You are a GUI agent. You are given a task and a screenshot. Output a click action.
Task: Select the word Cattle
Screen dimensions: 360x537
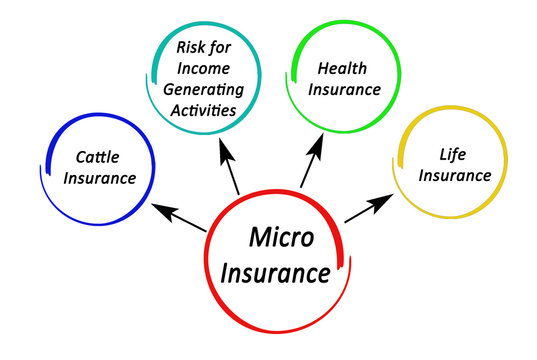(x=98, y=157)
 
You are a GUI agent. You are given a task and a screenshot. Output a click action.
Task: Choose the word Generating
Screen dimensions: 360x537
(x=208, y=88)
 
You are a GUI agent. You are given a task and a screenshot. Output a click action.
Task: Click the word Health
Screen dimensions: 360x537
(x=343, y=68)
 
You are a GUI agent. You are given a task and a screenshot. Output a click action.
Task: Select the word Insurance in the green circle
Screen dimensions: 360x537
(x=343, y=89)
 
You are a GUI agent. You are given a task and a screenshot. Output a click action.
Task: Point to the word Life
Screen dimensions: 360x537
(x=453, y=154)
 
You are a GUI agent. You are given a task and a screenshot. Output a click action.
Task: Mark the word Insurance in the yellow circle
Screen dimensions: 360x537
(x=454, y=176)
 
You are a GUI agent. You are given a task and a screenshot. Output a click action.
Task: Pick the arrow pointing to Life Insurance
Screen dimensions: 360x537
(x=367, y=209)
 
